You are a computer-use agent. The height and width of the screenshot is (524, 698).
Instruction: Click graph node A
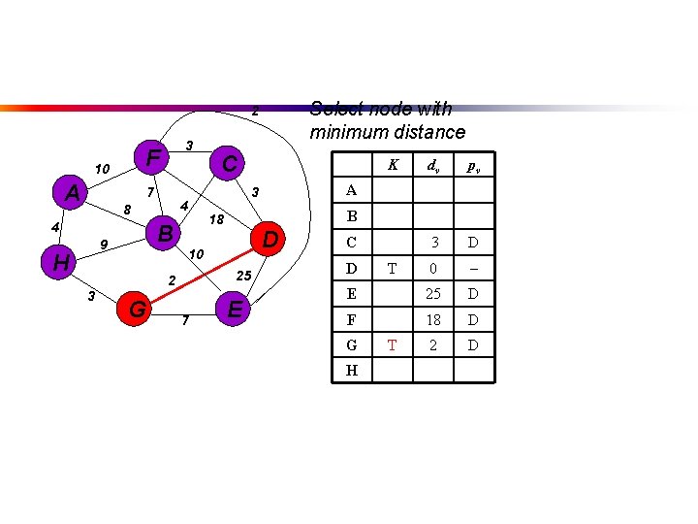pos(72,193)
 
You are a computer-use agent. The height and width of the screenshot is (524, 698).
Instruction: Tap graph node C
pos(229,164)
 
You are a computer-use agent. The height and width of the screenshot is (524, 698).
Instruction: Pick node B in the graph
pos(166,234)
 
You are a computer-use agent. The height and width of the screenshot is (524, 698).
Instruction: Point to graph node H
pos(60,262)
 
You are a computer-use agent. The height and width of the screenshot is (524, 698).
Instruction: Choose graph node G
pos(138,310)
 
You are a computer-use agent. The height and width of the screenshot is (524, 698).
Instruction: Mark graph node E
pos(233,310)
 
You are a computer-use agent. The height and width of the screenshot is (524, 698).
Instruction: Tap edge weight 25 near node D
pos(244,277)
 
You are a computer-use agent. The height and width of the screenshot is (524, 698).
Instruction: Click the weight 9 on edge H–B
pos(102,244)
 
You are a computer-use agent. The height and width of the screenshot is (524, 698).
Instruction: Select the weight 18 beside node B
pos(217,219)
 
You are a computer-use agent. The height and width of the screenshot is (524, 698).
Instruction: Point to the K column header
pos(393,165)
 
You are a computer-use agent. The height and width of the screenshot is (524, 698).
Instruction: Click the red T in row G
pos(393,344)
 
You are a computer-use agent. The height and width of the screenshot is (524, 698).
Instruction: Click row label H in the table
pos(351,370)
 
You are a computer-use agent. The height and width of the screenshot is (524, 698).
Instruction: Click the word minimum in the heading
pos(346,132)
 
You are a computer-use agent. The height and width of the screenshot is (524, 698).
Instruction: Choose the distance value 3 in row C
pos(436,242)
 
